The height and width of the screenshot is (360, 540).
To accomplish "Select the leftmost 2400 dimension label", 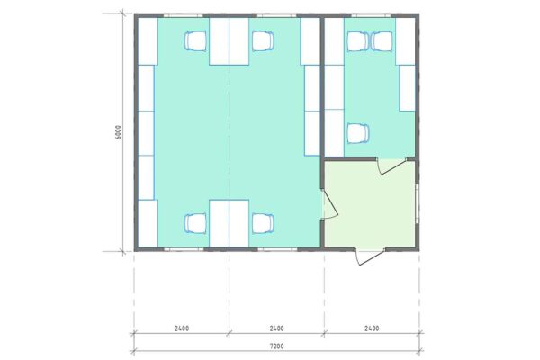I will click(x=181, y=328).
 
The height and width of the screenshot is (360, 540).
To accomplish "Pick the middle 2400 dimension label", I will click(x=276, y=328).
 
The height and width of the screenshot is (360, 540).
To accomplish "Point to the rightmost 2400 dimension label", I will click(x=371, y=328).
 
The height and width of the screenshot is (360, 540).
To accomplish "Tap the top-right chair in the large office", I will click(x=262, y=40).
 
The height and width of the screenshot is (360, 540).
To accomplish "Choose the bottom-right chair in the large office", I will click(x=262, y=223).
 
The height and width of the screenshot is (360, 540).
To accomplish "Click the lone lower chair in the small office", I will click(x=358, y=133).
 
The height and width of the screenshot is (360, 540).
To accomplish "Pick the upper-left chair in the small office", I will click(x=357, y=40).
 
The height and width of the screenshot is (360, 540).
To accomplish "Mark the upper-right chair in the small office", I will click(x=382, y=40).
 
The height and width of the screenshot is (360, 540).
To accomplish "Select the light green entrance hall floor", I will click(x=369, y=207).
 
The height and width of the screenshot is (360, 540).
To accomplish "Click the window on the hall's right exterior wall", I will click(x=419, y=203).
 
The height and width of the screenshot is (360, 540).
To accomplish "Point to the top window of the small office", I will click(x=370, y=15).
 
